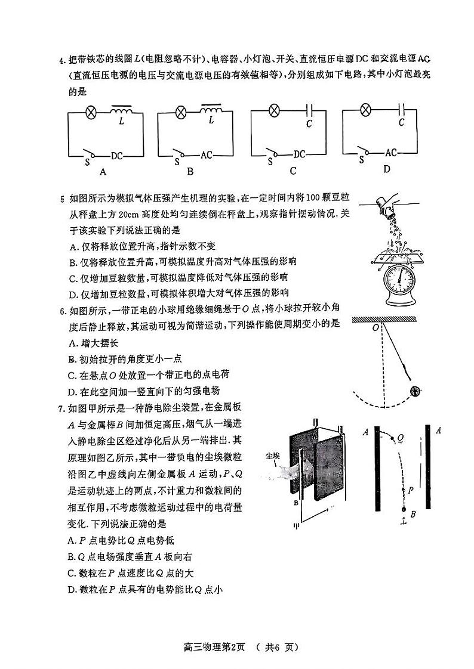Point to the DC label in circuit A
[x=118, y=156]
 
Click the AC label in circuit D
[x=391, y=153]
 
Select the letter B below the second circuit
[x=190, y=172]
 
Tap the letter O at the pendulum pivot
[x=375, y=327]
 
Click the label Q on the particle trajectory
[x=401, y=437]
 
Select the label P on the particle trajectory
[x=411, y=490]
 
